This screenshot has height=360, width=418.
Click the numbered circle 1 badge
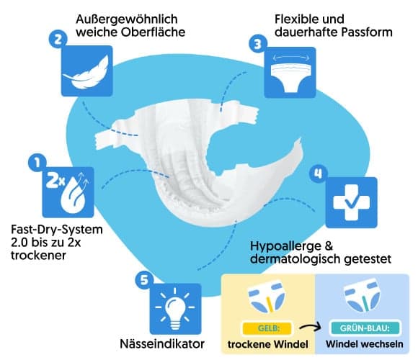point(37,162)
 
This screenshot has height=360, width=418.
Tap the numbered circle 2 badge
point(58,39)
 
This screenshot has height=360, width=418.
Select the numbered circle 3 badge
point(258,43)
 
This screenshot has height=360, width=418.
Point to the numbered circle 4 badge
point(319,174)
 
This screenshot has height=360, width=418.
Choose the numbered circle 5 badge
point(144,279)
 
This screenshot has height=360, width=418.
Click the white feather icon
point(86,72)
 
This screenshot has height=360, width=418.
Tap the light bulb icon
point(175,309)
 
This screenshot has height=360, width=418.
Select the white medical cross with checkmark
point(352,202)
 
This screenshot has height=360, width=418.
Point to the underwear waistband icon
point(290,73)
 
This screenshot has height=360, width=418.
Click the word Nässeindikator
point(162,343)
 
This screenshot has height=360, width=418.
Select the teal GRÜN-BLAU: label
point(365,328)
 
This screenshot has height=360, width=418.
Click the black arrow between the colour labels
point(311,328)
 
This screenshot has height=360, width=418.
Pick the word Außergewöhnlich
point(127,19)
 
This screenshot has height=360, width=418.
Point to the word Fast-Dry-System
point(57,230)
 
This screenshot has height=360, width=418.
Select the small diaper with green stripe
point(362,296)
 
